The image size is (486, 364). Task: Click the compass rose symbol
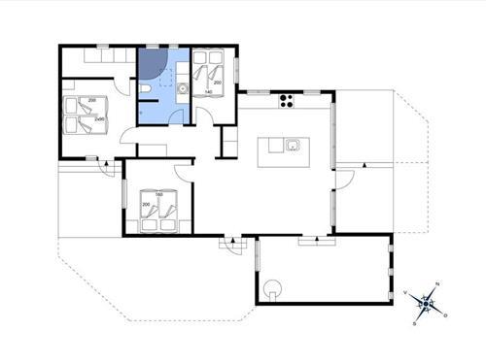[x=424, y=304]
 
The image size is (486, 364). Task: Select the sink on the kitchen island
[x=293, y=147]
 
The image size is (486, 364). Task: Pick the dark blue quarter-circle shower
[x=151, y=64]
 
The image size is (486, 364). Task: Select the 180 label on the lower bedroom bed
[x=157, y=197]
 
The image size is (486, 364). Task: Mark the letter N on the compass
[x=436, y=283]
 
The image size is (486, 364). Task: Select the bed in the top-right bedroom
[x=208, y=72]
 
